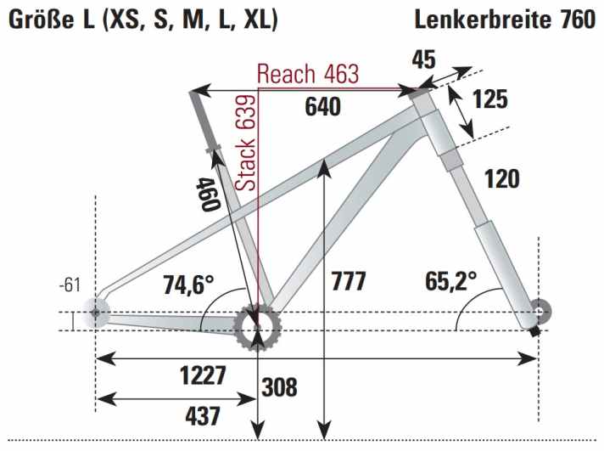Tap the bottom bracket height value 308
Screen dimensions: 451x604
pos(279,387)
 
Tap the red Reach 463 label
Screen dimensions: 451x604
pos(308,74)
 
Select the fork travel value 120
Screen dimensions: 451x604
pos(501,178)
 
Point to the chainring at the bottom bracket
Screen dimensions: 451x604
pos(256,324)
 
